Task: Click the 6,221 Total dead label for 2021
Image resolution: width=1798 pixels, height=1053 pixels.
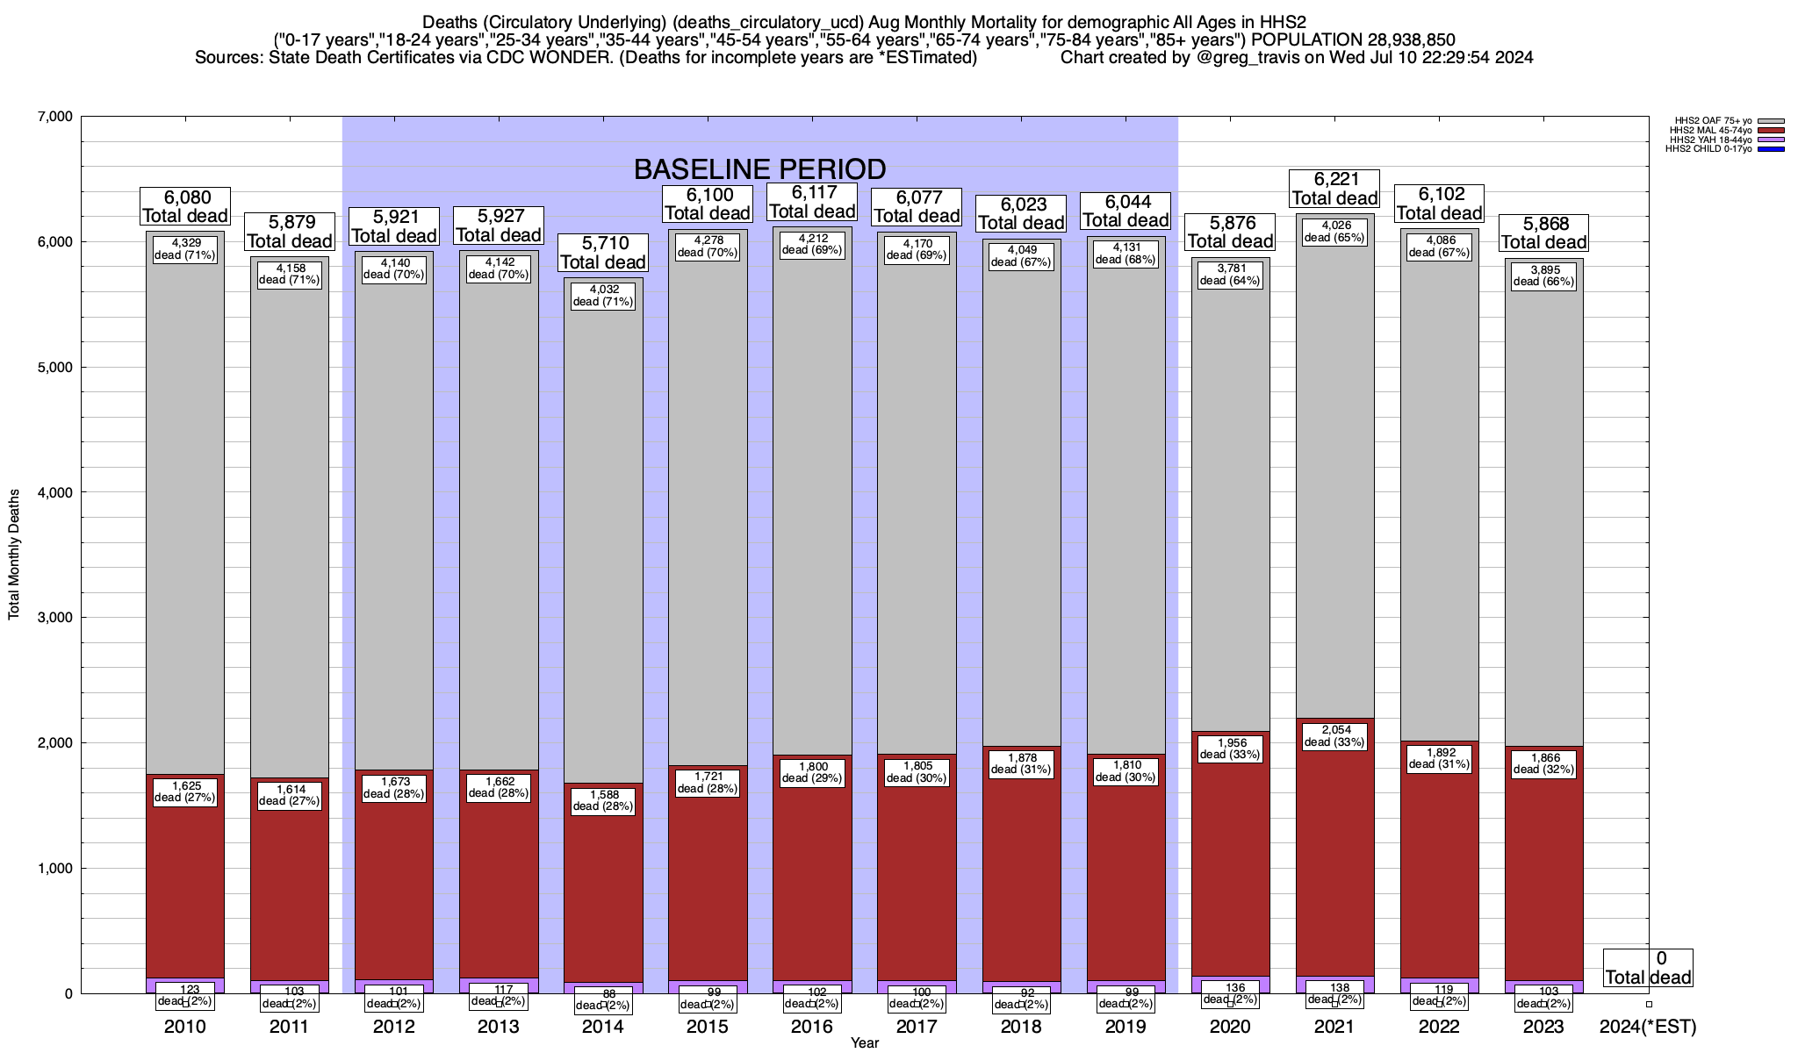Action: click(1334, 189)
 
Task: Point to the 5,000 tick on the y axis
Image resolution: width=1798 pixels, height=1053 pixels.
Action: click(54, 368)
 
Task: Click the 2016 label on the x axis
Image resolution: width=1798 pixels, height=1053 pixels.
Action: click(812, 1027)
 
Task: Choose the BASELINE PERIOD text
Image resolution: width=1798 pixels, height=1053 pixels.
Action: click(759, 168)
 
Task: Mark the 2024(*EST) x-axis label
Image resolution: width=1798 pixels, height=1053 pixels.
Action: click(1648, 1027)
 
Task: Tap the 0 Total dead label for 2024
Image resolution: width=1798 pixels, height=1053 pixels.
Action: click(1648, 968)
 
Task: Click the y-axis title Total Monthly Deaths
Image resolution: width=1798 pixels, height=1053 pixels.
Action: click(14, 555)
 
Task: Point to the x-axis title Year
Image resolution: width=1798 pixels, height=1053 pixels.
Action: click(864, 1042)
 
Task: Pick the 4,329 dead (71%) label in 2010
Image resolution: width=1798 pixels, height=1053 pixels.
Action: click(185, 249)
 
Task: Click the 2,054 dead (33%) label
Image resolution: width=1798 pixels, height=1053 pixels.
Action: click(1334, 736)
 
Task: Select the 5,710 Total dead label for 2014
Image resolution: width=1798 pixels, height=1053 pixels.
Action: click(603, 253)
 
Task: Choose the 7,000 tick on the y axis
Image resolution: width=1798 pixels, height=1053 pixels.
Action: click(54, 117)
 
